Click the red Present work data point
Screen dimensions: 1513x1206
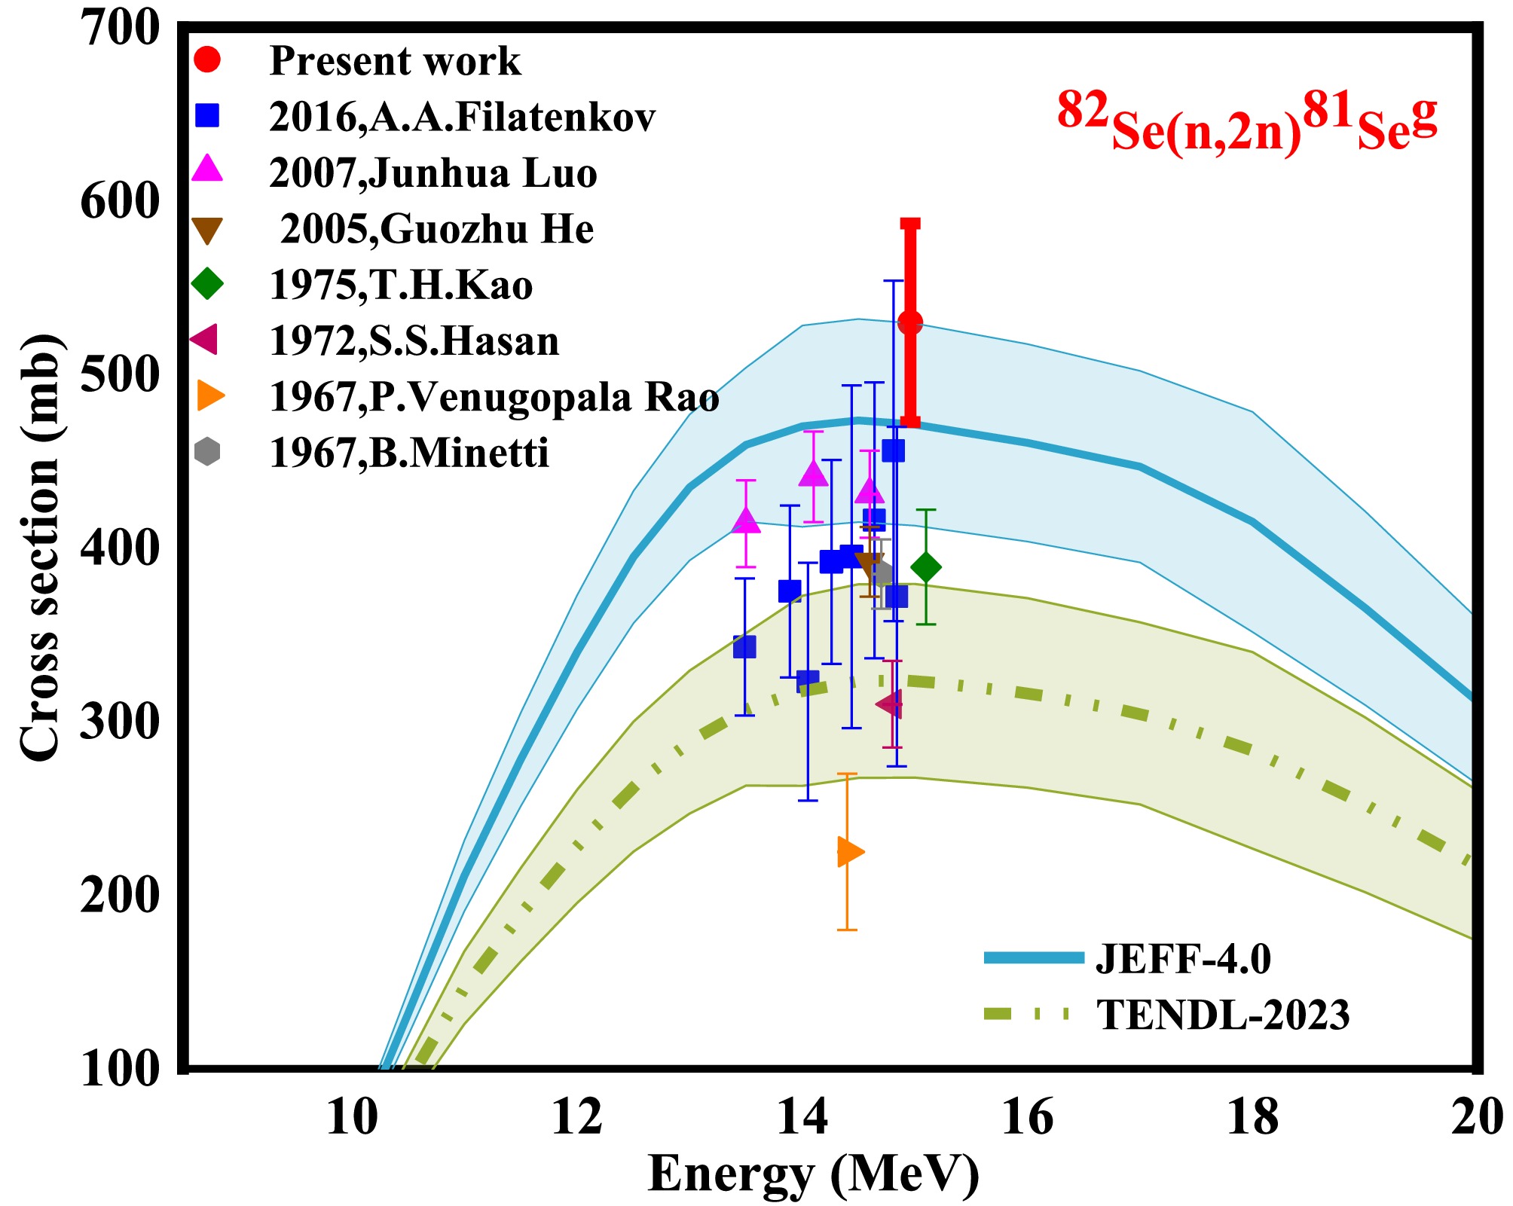click(x=910, y=323)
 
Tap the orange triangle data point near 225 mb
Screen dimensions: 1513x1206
click(x=849, y=852)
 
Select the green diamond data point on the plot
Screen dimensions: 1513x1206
click(x=925, y=567)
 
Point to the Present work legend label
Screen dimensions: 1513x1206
click(x=395, y=61)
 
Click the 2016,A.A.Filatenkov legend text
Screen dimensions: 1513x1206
click(x=462, y=118)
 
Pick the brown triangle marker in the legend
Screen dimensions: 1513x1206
click(x=207, y=231)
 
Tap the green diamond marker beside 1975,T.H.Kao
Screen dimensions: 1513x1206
click(x=207, y=285)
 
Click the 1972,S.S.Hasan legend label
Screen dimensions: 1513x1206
click(x=414, y=341)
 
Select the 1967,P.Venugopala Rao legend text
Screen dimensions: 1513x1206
click(x=494, y=398)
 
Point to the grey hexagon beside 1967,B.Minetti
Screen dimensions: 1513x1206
click(x=207, y=452)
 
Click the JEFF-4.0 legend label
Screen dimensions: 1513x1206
click(x=1183, y=959)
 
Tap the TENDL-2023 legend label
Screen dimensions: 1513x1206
click(x=1223, y=1015)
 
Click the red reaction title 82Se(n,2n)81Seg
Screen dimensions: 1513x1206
click(x=1247, y=121)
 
